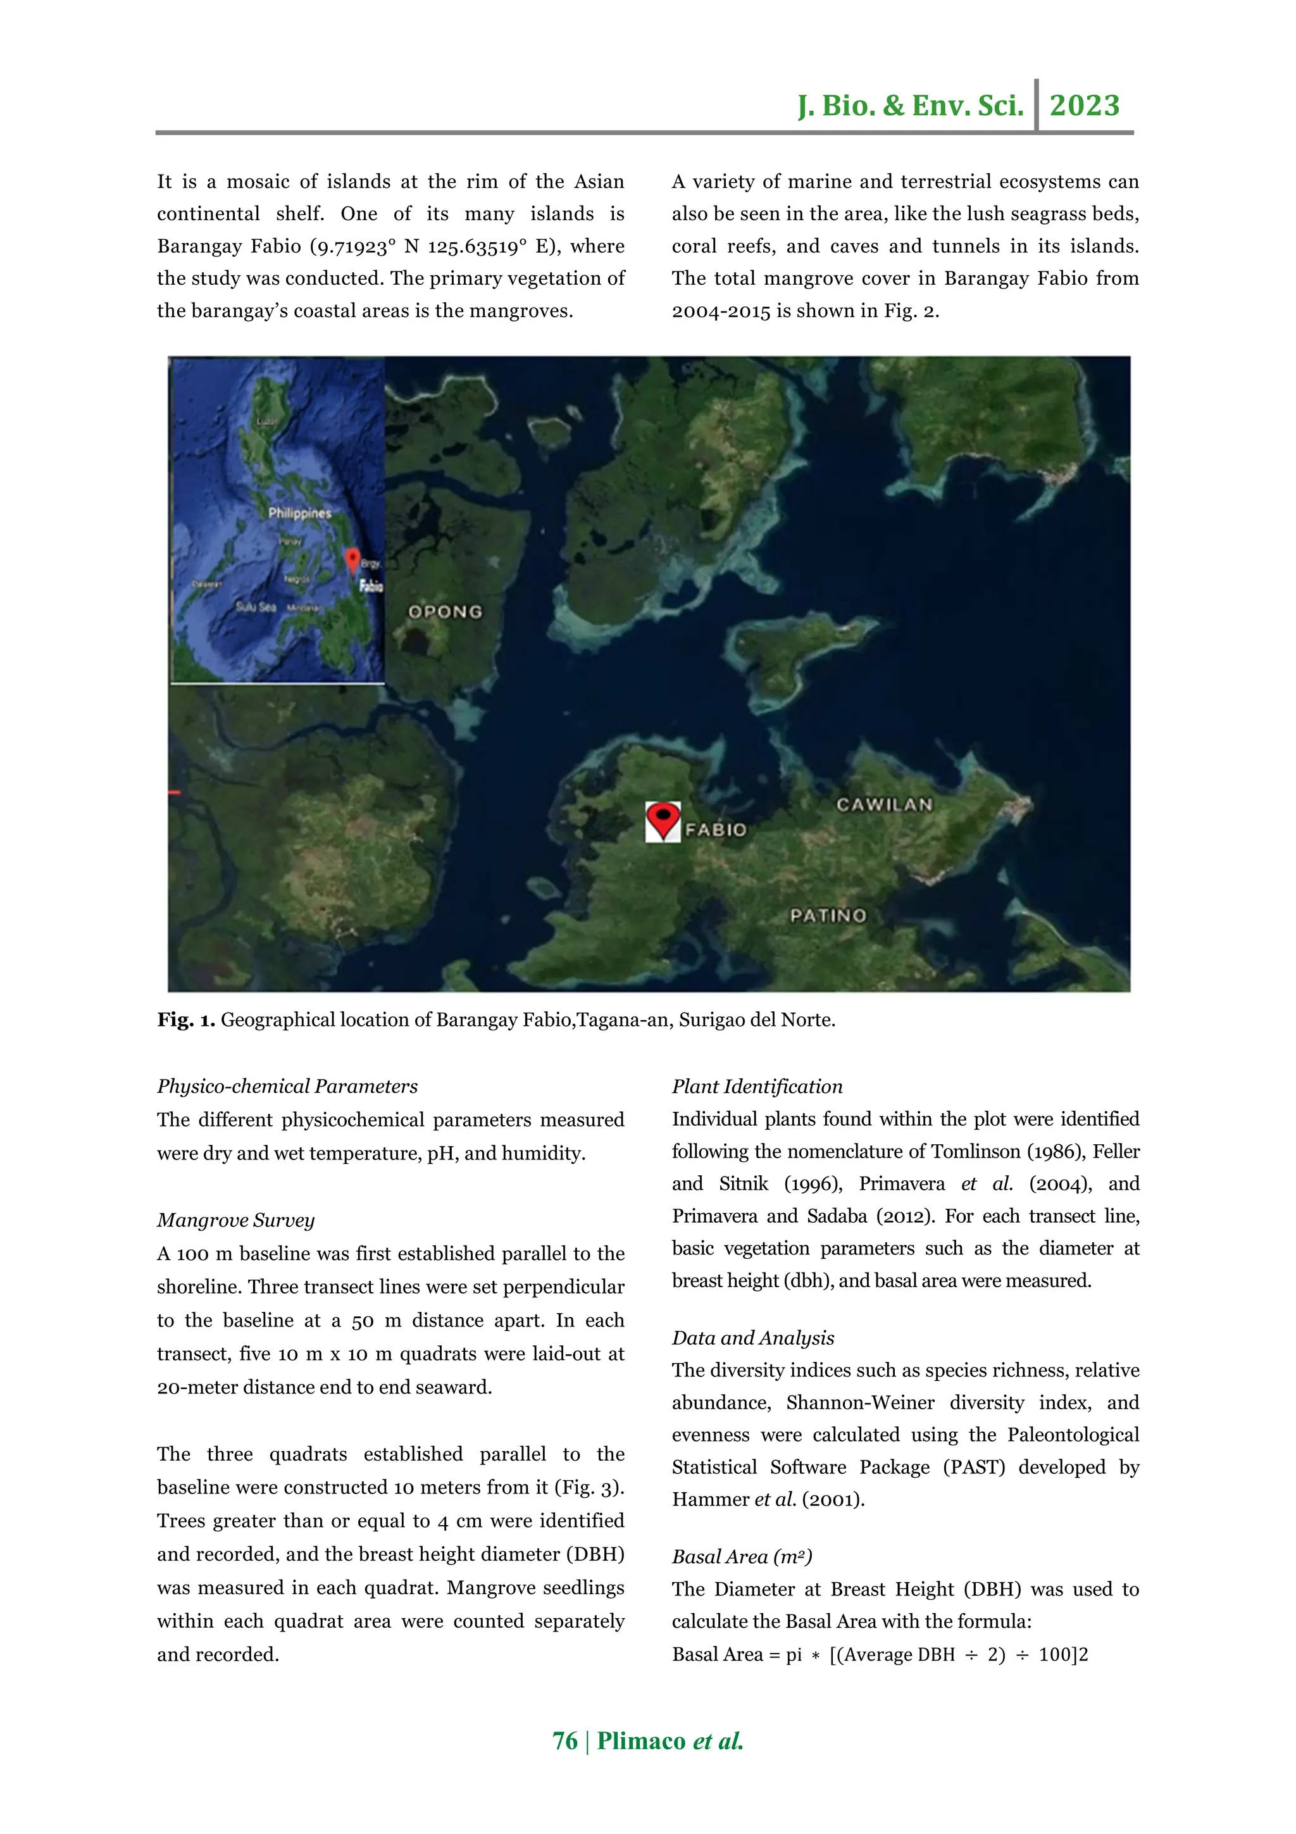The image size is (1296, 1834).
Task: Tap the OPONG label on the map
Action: pos(445,612)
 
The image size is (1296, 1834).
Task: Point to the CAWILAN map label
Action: pos(884,804)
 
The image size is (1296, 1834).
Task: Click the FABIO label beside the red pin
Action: pos(716,830)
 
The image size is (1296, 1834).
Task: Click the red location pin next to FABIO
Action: pos(663,820)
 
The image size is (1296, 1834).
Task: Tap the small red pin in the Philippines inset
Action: pos(351,559)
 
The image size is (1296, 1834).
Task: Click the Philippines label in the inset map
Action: pos(299,513)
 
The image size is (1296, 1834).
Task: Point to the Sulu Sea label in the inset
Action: pos(256,607)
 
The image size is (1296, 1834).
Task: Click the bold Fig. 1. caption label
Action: pos(185,1020)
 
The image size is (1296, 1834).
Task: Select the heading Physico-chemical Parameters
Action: pos(287,1087)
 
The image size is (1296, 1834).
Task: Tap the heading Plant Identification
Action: pos(757,1087)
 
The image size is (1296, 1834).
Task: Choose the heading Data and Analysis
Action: pos(752,1338)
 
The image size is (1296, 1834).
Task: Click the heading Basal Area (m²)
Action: pos(741,1556)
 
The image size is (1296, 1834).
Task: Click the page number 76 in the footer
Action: pos(564,1742)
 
